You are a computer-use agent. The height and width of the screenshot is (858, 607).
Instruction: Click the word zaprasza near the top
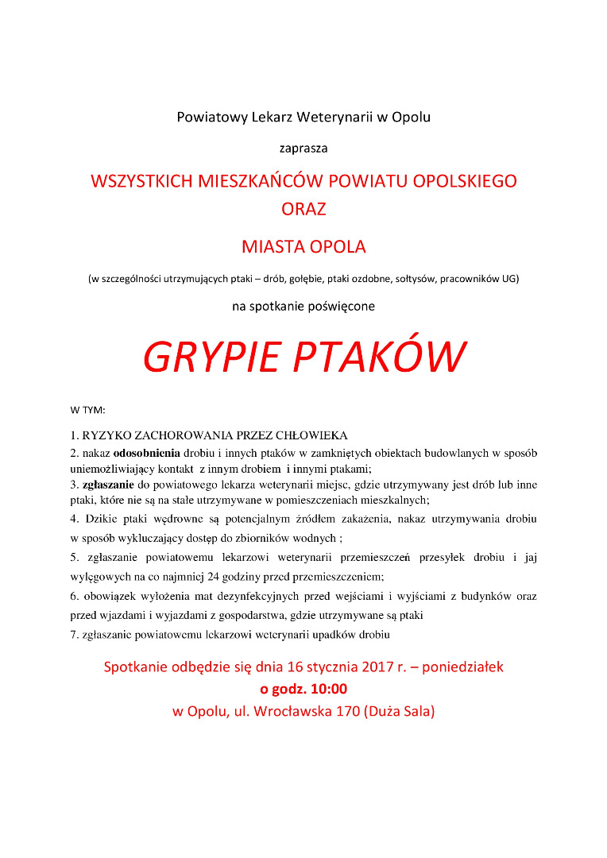tap(303, 148)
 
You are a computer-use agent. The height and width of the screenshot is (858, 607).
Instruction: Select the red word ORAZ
tap(303, 210)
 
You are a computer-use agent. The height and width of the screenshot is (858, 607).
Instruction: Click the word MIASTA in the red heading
tap(272, 246)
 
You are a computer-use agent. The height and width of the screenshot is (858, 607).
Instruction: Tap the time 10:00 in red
tap(328, 689)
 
